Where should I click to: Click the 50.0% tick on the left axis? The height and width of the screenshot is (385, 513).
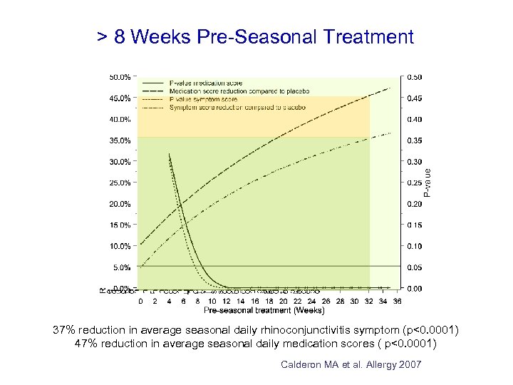click(x=120, y=76)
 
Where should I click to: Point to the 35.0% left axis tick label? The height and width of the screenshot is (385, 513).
click(x=120, y=140)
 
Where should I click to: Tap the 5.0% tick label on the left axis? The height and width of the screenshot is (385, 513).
click(x=121, y=267)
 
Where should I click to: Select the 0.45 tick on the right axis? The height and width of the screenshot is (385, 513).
click(x=414, y=98)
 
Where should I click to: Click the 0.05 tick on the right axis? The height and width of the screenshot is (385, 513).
click(x=414, y=267)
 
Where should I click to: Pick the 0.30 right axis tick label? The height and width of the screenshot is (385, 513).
click(x=414, y=162)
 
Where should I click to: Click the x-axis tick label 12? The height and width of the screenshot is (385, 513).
click(x=226, y=302)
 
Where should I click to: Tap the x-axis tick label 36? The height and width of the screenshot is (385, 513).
click(x=398, y=302)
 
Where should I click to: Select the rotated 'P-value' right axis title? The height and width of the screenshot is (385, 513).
click(x=427, y=183)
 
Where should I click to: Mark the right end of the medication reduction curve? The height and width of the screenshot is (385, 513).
click(x=390, y=88)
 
